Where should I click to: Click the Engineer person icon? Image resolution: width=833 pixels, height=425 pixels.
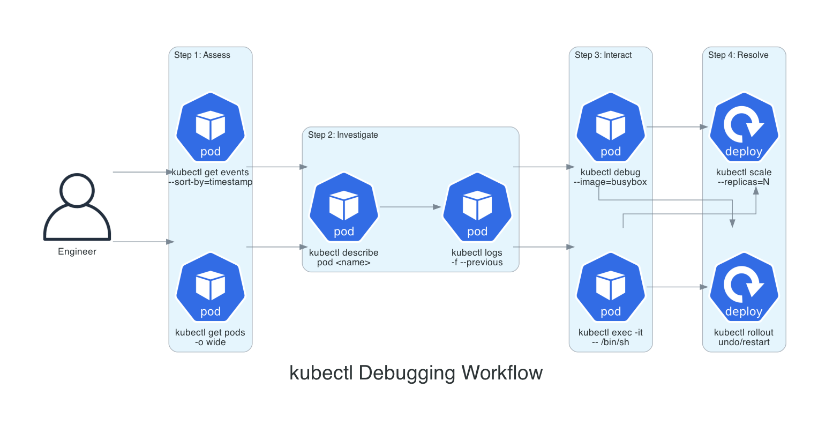point(77,206)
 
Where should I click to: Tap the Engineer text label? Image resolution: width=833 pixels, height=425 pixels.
point(77,252)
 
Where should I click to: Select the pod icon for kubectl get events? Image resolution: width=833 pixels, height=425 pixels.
point(211,128)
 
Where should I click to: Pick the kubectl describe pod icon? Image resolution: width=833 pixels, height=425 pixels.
point(344,207)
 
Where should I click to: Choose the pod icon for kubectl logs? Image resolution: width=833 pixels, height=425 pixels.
point(477,207)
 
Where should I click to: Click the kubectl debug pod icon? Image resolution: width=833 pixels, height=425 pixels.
point(611,128)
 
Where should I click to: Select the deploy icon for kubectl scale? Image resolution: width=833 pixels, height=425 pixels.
point(744,128)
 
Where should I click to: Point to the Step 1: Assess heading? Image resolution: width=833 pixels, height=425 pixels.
point(202,55)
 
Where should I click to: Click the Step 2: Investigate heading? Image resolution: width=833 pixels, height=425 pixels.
point(343,135)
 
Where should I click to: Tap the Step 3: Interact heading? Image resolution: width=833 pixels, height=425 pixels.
point(603,55)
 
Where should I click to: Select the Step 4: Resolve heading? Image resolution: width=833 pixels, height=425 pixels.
point(738,55)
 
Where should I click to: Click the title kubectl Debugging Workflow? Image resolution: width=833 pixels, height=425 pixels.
point(416,373)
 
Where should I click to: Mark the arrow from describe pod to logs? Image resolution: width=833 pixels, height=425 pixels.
point(410,207)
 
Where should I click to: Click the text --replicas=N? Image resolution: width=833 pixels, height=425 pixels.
point(744,182)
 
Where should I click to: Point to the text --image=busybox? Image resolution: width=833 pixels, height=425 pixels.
point(611,182)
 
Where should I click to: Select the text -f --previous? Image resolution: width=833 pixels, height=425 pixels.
point(477,263)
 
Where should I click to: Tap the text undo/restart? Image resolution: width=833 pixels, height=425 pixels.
point(744,342)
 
